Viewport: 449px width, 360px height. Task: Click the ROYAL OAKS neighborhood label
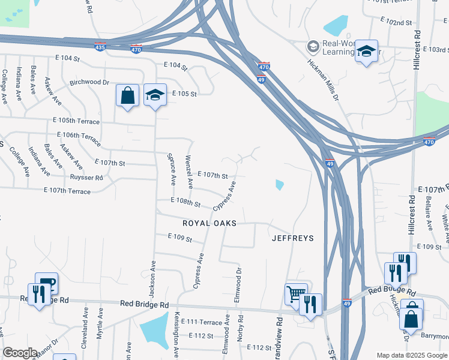tap(209, 223)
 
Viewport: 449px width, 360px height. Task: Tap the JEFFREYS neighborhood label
tap(293, 238)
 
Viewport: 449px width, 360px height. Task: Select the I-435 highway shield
tap(100, 47)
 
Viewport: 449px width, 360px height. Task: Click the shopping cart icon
tap(295, 293)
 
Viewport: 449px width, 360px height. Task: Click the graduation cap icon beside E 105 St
tap(155, 95)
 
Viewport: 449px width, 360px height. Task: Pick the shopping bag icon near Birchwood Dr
tap(128, 95)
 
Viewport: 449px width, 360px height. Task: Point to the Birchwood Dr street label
tap(89, 82)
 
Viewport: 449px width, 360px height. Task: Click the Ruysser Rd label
tap(86, 178)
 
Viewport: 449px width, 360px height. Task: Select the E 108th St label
tap(185, 202)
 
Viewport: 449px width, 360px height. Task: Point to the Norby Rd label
tap(240, 329)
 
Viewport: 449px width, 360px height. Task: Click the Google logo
tap(20, 353)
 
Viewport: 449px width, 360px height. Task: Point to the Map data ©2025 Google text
tap(411, 355)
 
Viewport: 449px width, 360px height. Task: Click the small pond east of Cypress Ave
tap(279, 185)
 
